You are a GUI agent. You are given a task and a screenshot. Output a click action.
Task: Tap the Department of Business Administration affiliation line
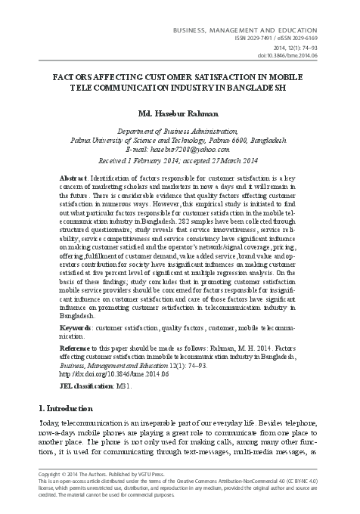(x=180, y=131)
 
